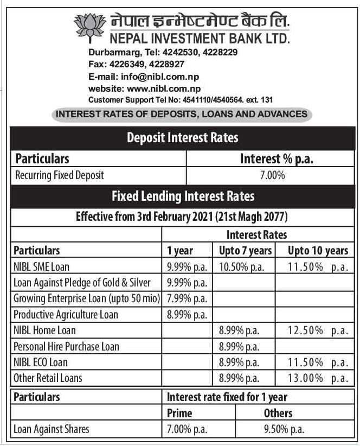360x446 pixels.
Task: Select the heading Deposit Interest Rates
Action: coord(182,138)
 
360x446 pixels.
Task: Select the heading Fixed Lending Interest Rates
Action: coord(183,196)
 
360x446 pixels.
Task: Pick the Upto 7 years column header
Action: coord(245,250)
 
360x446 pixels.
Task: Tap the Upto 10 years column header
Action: coord(318,250)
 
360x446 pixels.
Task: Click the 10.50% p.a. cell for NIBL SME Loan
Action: coord(242,266)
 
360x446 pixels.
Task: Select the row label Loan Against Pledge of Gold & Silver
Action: coord(82,283)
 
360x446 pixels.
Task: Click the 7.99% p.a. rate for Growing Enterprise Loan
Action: coord(187,298)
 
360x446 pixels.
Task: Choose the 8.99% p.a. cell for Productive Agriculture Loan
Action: coord(187,314)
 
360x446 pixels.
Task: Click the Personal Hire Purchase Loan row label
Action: coord(66,346)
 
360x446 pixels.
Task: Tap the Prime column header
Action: coord(179,413)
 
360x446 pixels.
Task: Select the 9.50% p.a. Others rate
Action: coord(284,429)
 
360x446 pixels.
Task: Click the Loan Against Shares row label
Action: coord(52,429)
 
